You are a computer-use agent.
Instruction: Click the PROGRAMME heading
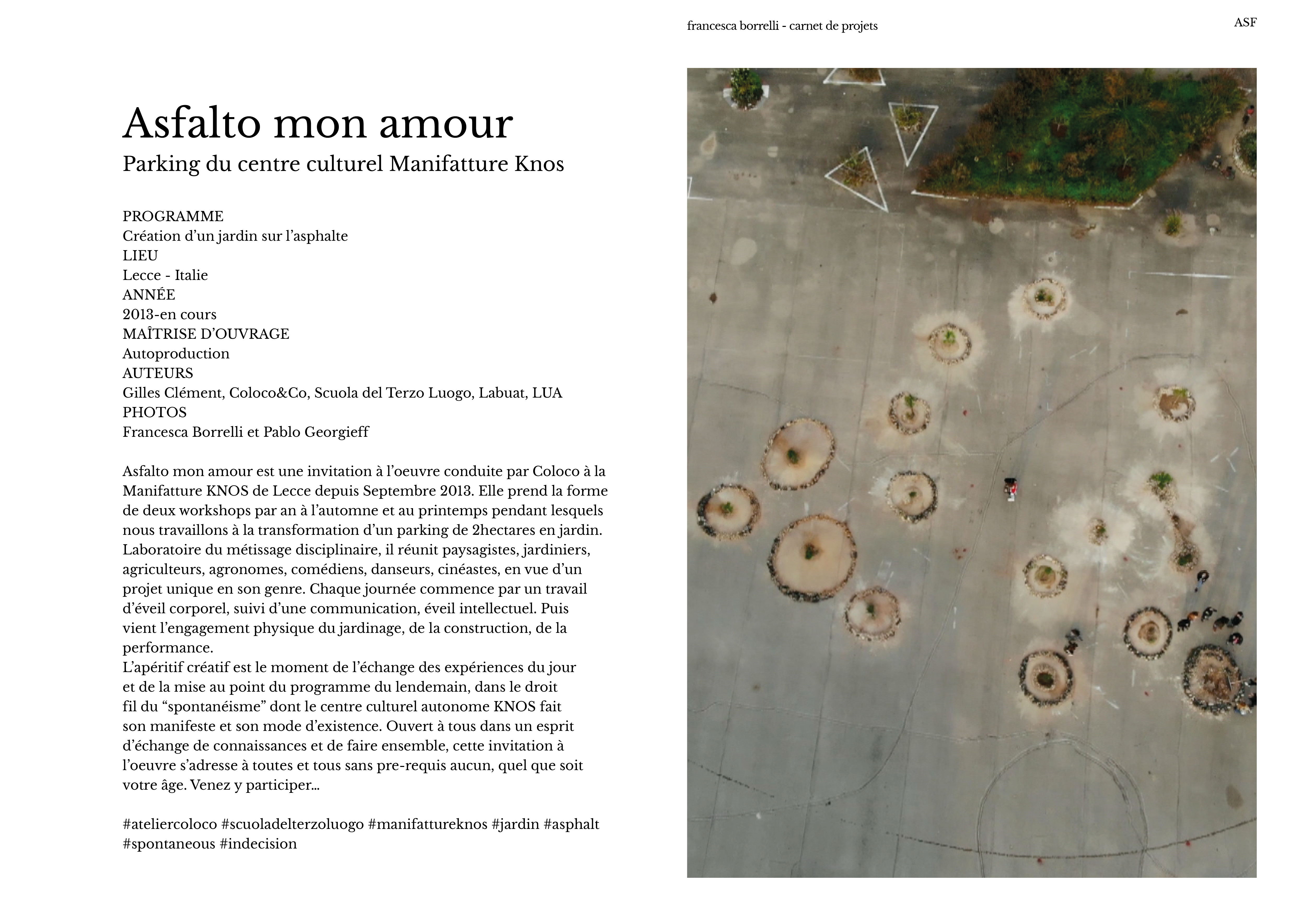tap(173, 216)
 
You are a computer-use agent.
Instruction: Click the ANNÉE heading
tap(149, 295)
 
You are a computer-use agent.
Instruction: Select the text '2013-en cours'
tap(169, 314)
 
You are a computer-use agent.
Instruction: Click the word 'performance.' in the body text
tap(168, 648)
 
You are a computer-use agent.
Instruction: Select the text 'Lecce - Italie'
tap(165, 276)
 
